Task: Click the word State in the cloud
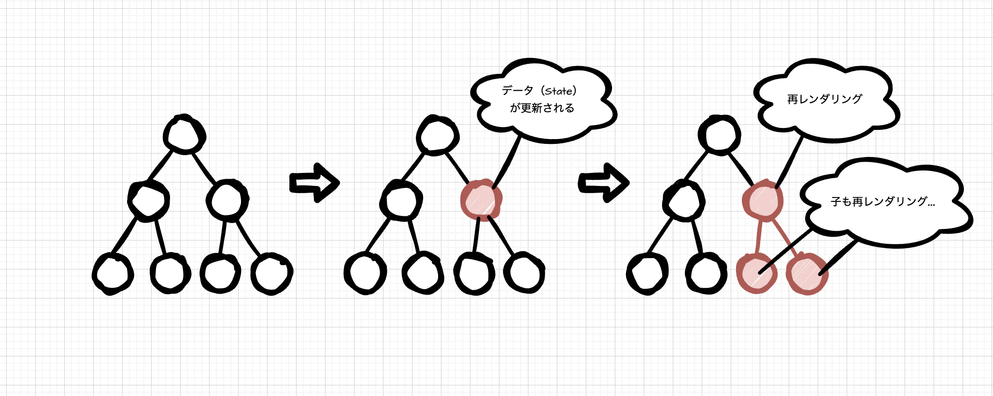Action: (559, 91)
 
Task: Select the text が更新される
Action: (542, 108)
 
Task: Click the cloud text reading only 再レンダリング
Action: (824, 99)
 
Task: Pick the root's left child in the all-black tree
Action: (149, 200)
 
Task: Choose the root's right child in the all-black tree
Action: (227, 200)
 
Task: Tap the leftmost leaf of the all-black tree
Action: (113, 274)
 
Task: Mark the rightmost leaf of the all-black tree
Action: (272, 273)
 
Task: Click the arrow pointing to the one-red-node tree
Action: (314, 183)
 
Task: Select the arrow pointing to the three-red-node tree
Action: (604, 183)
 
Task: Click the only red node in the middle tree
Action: (481, 200)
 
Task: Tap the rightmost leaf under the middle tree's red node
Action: (525, 273)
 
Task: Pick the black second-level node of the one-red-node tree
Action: (401, 200)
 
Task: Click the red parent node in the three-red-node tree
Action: (763, 200)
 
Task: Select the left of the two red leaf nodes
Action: (757, 273)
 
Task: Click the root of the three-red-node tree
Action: (720, 135)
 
